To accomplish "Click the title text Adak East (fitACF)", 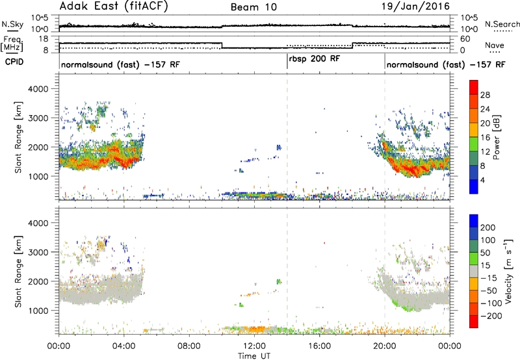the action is point(114,6).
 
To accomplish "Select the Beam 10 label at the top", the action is point(253,7).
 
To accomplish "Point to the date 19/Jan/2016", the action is point(415,6).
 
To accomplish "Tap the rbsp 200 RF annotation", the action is point(315,59).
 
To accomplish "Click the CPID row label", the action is point(14,62).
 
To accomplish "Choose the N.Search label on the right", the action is point(502,24).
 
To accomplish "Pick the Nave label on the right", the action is point(495,45).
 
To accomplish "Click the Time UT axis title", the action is point(254,356).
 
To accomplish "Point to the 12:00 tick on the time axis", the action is point(254,346).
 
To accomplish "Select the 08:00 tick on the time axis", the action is point(189,346).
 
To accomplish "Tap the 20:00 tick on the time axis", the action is point(385,346).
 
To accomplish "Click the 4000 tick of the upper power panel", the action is point(38,89).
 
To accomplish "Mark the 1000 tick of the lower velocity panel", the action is point(38,311).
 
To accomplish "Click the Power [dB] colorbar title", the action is point(497,137).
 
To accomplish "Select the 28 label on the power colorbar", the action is point(485,95).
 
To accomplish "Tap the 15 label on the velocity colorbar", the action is point(485,266).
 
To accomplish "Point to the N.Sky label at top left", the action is point(12,24).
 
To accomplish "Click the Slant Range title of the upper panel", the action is point(18,137).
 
